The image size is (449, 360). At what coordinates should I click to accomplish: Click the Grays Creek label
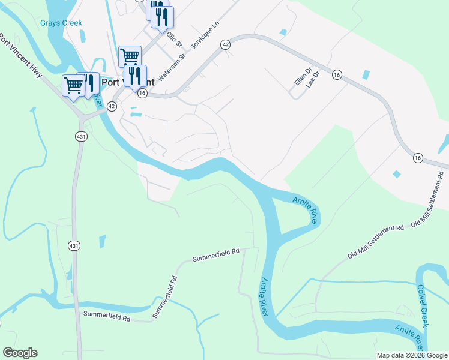click(x=61, y=23)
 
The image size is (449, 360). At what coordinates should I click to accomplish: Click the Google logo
click(x=20, y=353)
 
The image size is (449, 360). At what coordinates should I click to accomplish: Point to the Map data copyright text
click(x=412, y=355)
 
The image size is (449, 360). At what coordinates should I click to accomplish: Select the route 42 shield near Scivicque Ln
click(x=225, y=44)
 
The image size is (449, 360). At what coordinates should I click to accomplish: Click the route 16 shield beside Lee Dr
click(x=336, y=75)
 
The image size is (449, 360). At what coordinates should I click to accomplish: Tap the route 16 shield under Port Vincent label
click(x=142, y=93)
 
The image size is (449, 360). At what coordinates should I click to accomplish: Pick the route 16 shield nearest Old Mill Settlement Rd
click(x=418, y=157)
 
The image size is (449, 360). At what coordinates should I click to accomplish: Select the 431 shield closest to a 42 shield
click(x=82, y=137)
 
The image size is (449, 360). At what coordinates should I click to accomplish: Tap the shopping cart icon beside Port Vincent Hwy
click(x=73, y=86)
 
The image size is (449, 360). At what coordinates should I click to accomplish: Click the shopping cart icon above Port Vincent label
click(x=130, y=57)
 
